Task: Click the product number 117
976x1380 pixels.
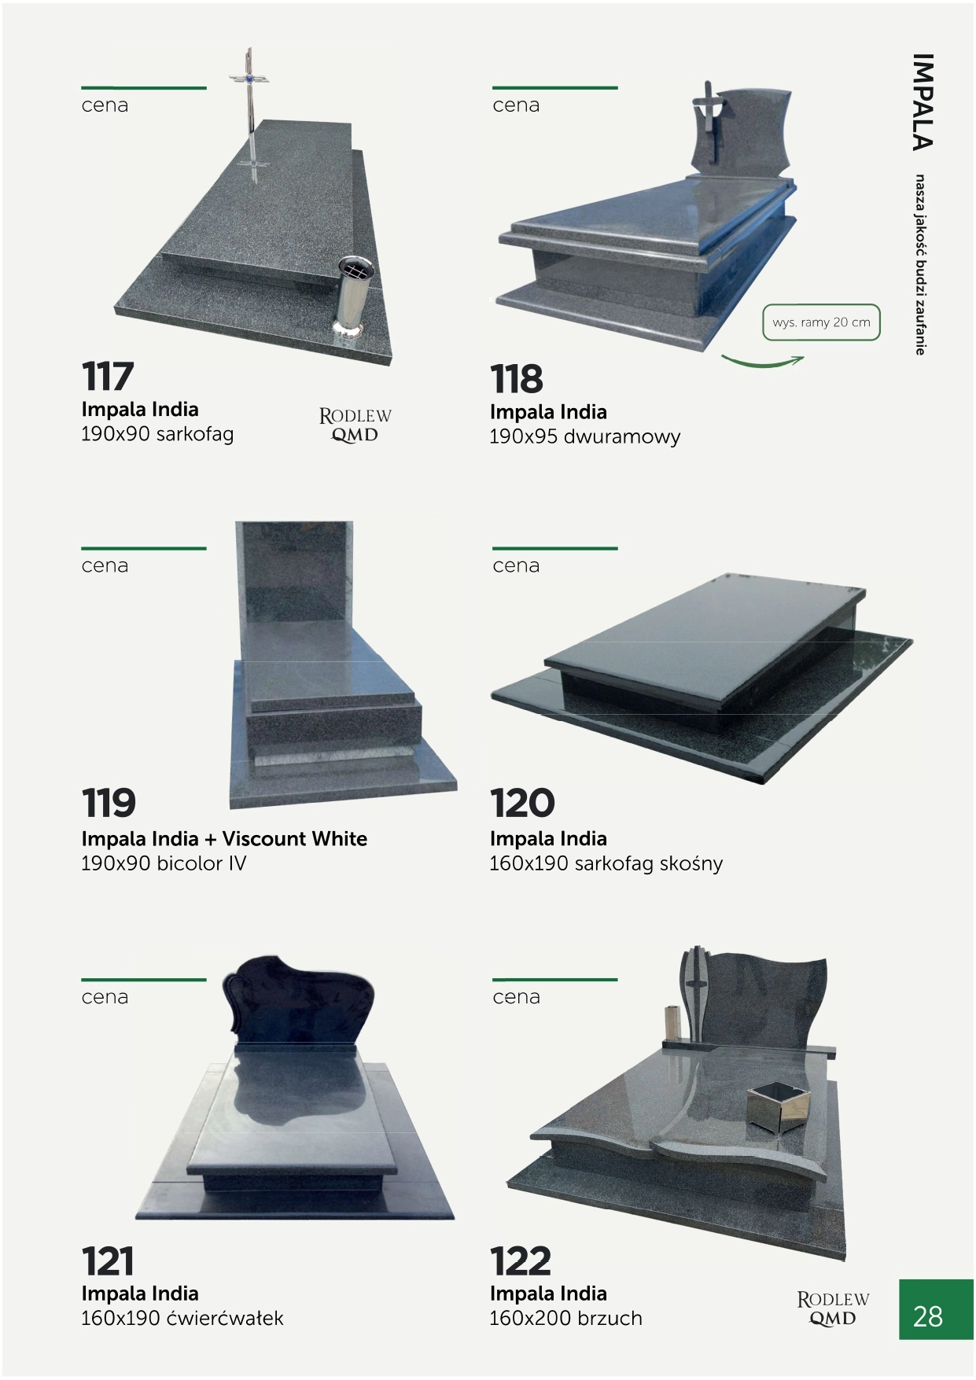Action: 108,376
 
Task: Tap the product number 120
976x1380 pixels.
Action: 522,803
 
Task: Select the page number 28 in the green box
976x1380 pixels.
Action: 928,1316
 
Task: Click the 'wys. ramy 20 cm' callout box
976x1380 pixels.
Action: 821,322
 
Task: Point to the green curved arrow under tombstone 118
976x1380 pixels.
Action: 762,362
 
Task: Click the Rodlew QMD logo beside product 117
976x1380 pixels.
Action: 355,425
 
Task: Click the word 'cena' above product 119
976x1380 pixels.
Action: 105,565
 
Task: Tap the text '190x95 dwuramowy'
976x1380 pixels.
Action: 584,436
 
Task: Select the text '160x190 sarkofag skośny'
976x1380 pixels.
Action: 606,863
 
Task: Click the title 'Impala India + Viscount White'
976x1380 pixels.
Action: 224,838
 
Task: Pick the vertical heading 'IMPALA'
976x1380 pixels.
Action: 923,101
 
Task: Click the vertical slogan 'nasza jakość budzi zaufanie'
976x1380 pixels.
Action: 920,265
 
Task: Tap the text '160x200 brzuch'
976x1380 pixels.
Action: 565,1318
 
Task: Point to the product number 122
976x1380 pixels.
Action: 521,1261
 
